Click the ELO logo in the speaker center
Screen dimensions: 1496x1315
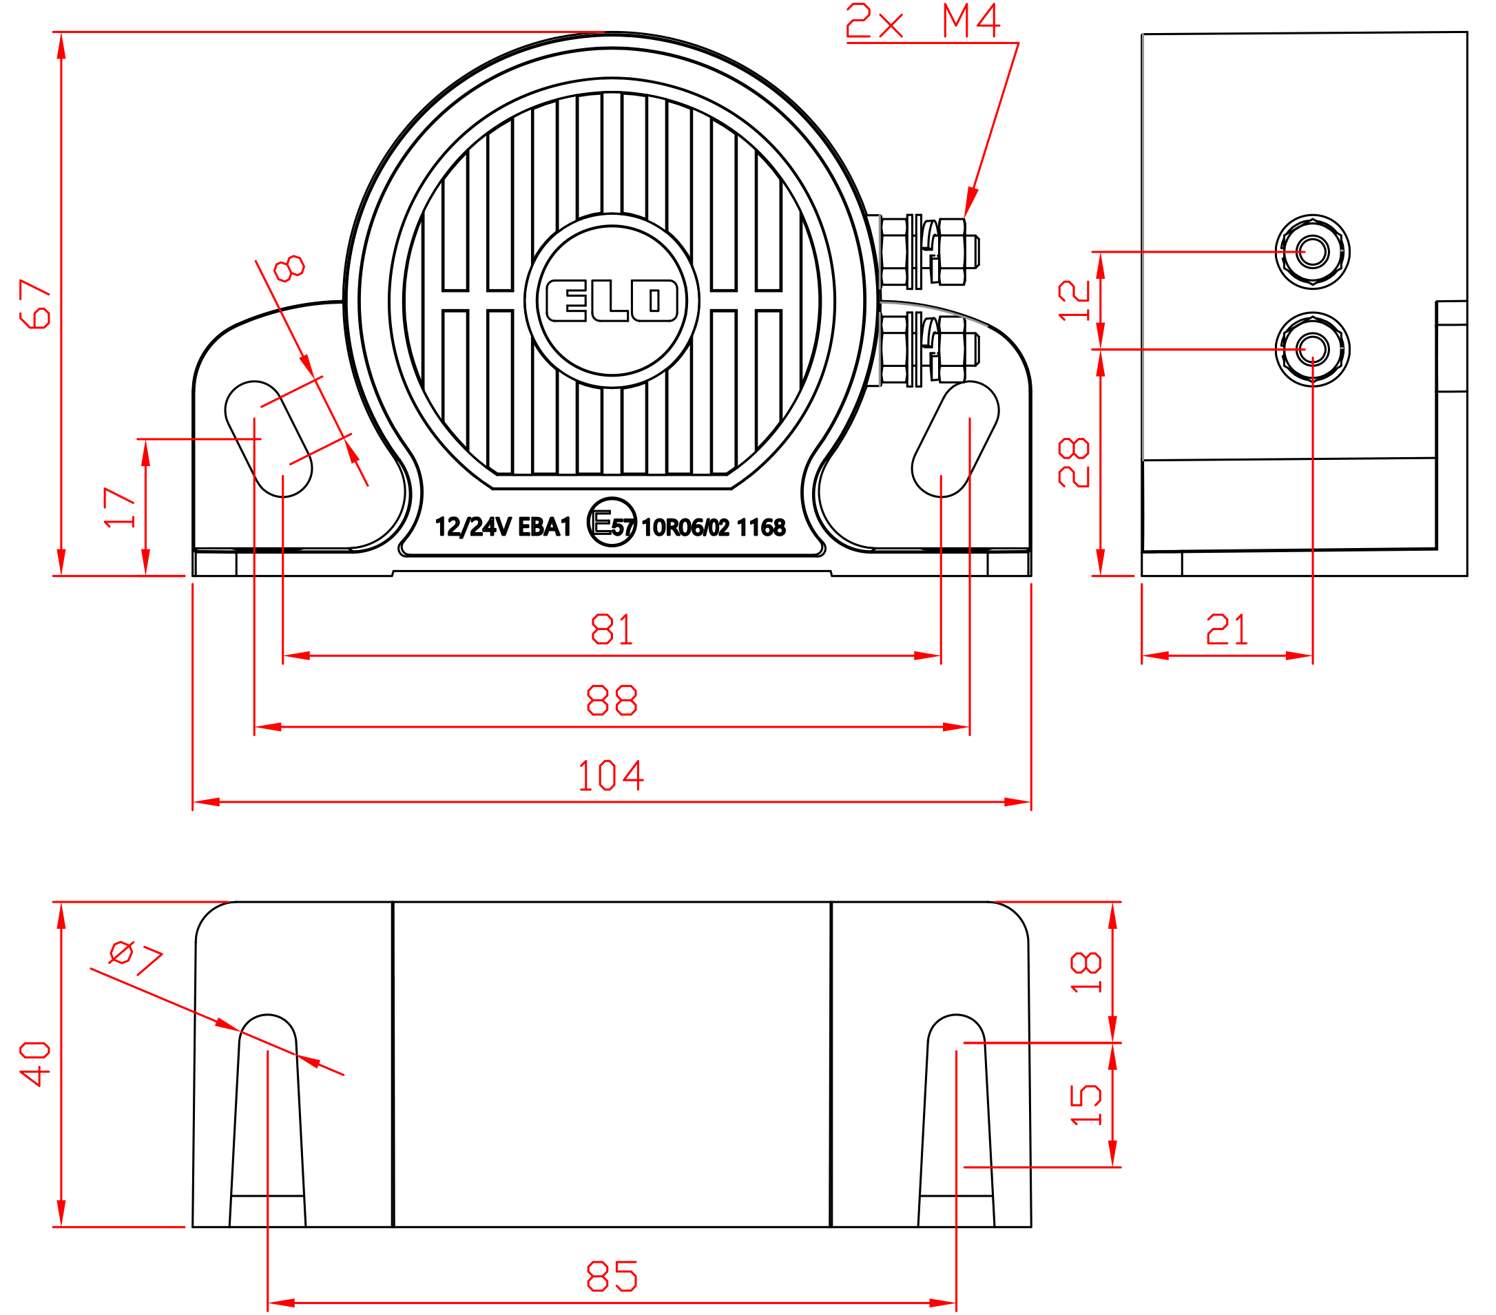pyautogui.click(x=612, y=300)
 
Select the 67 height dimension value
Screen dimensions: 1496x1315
pyautogui.click(x=34, y=304)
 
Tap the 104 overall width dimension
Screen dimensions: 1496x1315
pyautogui.click(x=610, y=775)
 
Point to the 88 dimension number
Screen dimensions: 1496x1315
pyautogui.click(x=612, y=700)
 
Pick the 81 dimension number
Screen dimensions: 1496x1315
pyautogui.click(x=612, y=629)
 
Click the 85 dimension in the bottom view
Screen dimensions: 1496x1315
pyautogui.click(x=612, y=1276)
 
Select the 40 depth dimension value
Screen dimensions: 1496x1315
pyautogui.click(x=34, y=1064)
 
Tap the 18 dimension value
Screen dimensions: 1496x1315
pyautogui.click(x=1085, y=972)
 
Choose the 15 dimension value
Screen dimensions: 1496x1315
pyautogui.click(x=1085, y=1104)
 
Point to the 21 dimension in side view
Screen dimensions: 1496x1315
pyautogui.click(x=1227, y=629)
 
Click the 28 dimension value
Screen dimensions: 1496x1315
pyautogui.click(x=1074, y=462)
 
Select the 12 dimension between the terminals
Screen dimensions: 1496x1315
pyautogui.click(x=1074, y=300)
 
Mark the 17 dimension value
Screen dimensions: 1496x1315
pyautogui.click(x=119, y=507)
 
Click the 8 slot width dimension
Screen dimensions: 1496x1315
pyautogui.click(x=289, y=268)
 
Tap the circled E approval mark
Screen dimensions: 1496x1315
pyautogui.click(x=612, y=522)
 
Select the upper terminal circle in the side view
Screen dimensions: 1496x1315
pyautogui.click(x=1312, y=251)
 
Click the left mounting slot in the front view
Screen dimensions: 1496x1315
pyautogui.click(x=268, y=439)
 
